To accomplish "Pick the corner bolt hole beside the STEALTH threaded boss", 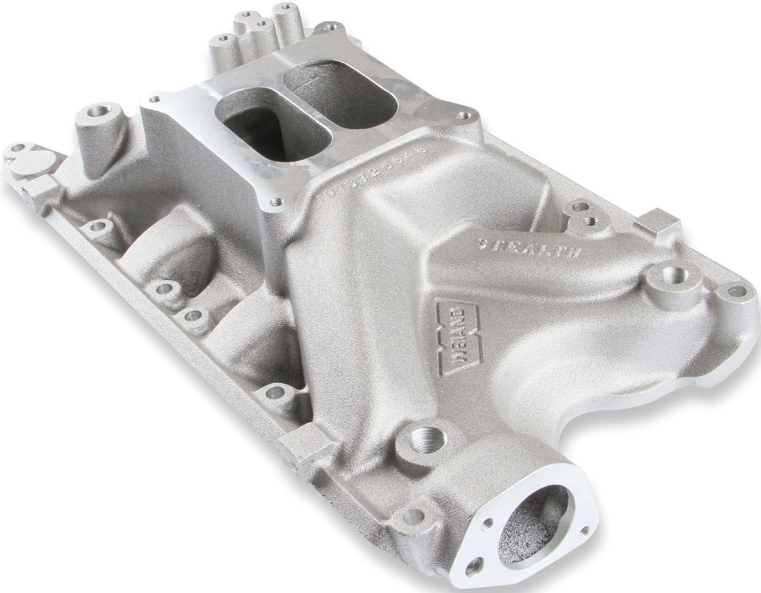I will pos(736,291).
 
